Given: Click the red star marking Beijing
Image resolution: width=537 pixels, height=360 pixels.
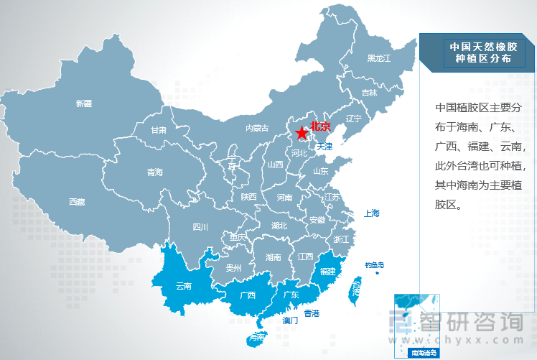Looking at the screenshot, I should click(x=301, y=134).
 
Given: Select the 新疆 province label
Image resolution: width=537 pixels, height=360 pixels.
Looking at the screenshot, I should click(x=84, y=103).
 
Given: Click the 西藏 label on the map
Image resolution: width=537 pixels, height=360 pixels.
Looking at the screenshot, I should click(x=77, y=202).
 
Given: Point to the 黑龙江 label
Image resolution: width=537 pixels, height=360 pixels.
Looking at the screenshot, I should click(x=378, y=57).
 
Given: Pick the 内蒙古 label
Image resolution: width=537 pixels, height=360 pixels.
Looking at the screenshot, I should click(x=256, y=129).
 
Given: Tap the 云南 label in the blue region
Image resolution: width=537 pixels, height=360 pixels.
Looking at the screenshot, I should click(x=184, y=285).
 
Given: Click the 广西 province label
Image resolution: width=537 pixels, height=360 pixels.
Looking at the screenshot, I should click(x=248, y=295).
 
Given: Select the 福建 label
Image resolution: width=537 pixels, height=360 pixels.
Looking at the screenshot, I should click(x=328, y=272).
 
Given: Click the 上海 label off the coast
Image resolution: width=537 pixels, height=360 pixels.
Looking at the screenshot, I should click(x=371, y=213).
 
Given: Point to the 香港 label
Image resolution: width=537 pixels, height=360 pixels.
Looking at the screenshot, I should click(x=312, y=313).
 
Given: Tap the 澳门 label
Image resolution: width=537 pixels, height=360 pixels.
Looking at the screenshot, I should click(x=291, y=320).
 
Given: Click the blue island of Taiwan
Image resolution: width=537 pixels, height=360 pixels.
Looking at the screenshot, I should click(x=355, y=289).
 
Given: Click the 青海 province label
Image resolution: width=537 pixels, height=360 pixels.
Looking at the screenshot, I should click(x=155, y=172).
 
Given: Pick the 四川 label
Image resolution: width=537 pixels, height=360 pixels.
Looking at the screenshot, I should click(x=200, y=227).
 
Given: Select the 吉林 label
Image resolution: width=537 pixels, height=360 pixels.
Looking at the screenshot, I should click(x=369, y=93).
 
